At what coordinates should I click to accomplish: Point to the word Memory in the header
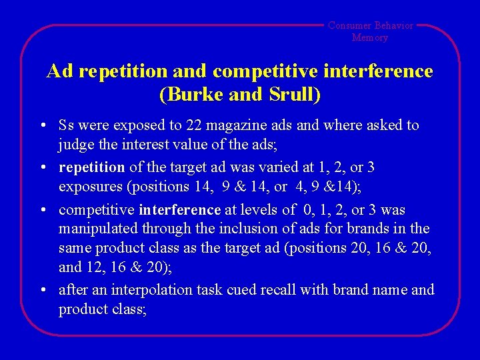pos(370,37)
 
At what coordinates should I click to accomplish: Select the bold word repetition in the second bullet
pos(91,167)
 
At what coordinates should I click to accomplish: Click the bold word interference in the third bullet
pos(179,209)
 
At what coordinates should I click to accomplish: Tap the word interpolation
pos(149,290)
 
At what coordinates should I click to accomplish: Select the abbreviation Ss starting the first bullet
pos(66,125)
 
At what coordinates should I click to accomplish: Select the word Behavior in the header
pos(394,25)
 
